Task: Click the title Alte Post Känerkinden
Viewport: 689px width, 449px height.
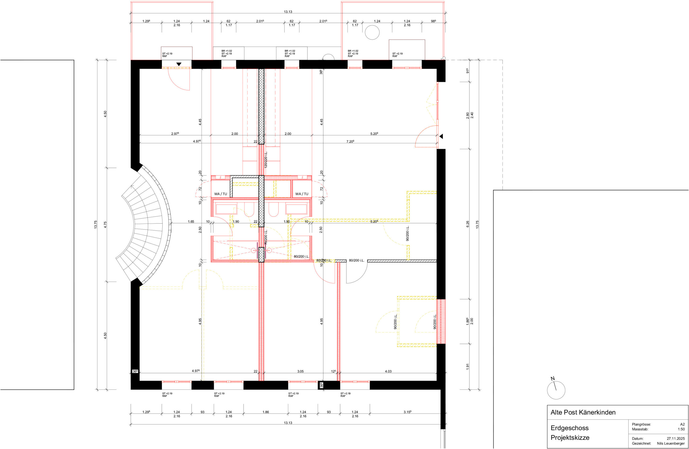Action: coord(583,412)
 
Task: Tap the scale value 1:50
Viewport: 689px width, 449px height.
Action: coord(681,429)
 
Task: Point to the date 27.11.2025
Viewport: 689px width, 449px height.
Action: coord(676,438)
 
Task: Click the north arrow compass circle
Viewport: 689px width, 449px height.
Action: coord(556,390)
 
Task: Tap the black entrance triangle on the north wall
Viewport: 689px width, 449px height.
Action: coord(179,64)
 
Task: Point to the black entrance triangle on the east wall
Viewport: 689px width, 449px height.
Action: coord(441,136)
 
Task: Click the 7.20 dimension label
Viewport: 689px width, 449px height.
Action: coord(350,141)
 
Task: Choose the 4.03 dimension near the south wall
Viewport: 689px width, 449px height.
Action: coord(388,371)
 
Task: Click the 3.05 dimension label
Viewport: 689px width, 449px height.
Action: coord(301,371)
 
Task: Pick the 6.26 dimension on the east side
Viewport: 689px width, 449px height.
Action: coord(467,224)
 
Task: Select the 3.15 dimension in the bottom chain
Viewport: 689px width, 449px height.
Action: coord(407,412)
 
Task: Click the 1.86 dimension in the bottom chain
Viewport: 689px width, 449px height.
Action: coord(265,412)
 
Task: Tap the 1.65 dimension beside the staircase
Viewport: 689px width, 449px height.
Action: coord(191,222)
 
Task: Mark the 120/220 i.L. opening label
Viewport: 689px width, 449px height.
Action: coord(266,160)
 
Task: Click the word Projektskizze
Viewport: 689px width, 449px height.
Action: coord(570,438)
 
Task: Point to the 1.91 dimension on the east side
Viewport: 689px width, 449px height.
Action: coord(467,367)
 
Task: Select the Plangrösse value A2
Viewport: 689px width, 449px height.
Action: coord(682,424)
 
